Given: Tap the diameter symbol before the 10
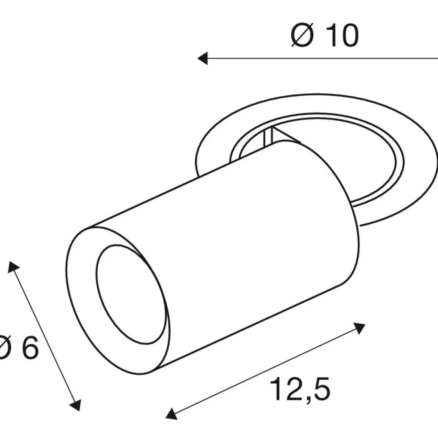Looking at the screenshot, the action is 302,36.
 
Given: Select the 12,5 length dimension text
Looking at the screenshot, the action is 300,389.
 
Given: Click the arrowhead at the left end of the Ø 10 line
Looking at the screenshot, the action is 203,58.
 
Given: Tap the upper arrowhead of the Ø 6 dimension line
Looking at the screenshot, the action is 13,267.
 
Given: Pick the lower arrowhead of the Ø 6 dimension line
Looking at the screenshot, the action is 75,405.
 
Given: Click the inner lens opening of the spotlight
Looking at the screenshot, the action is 132,294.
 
